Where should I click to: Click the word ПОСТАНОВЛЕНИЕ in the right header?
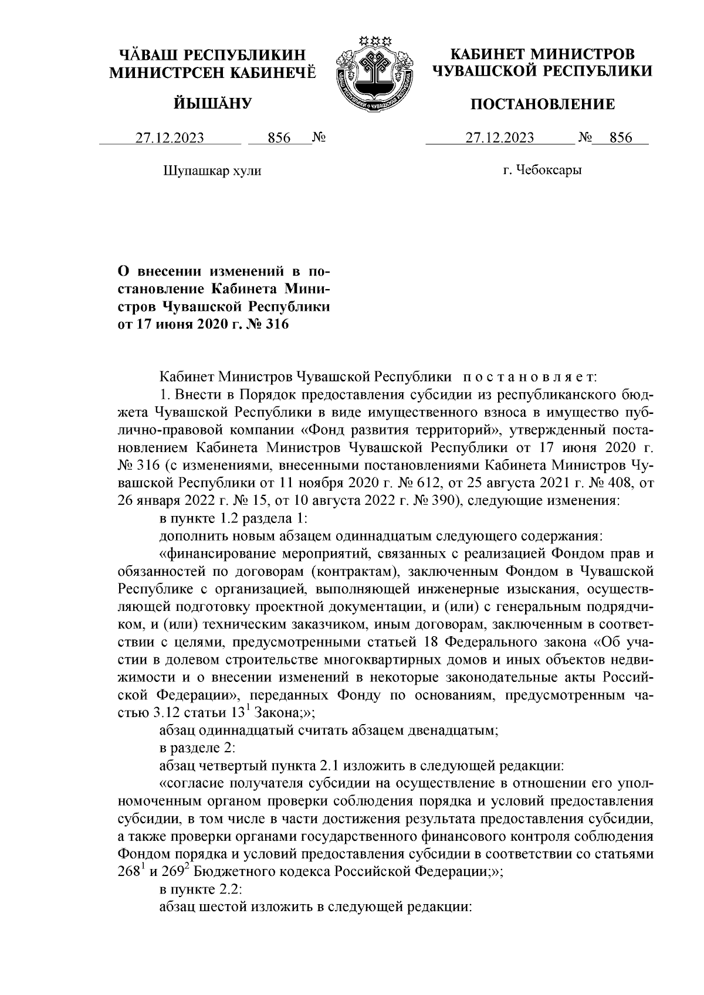544,104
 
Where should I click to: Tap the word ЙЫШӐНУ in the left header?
213,104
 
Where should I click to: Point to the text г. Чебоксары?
543,171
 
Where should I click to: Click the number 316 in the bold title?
276,324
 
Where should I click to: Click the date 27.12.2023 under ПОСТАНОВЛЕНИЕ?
500,138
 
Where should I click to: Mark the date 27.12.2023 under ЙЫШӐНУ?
170,138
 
